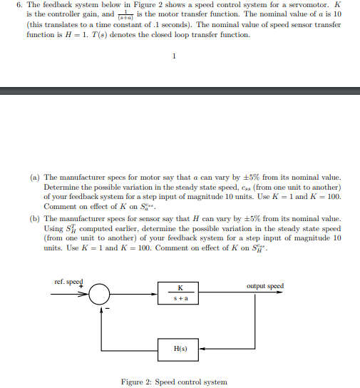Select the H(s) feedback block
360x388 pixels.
pyautogui.click(x=180, y=349)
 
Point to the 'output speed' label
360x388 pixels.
pyautogui.click(x=264, y=286)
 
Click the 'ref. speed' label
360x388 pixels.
pyautogui.click(x=68, y=281)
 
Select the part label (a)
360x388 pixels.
pyautogui.click(x=35, y=177)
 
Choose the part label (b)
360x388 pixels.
pyautogui.click(x=35, y=219)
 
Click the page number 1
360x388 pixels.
pyautogui.click(x=174, y=58)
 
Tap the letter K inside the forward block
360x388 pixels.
pyautogui.click(x=180, y=287)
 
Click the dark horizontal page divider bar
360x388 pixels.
pyautogui.click(x=180, y=91)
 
